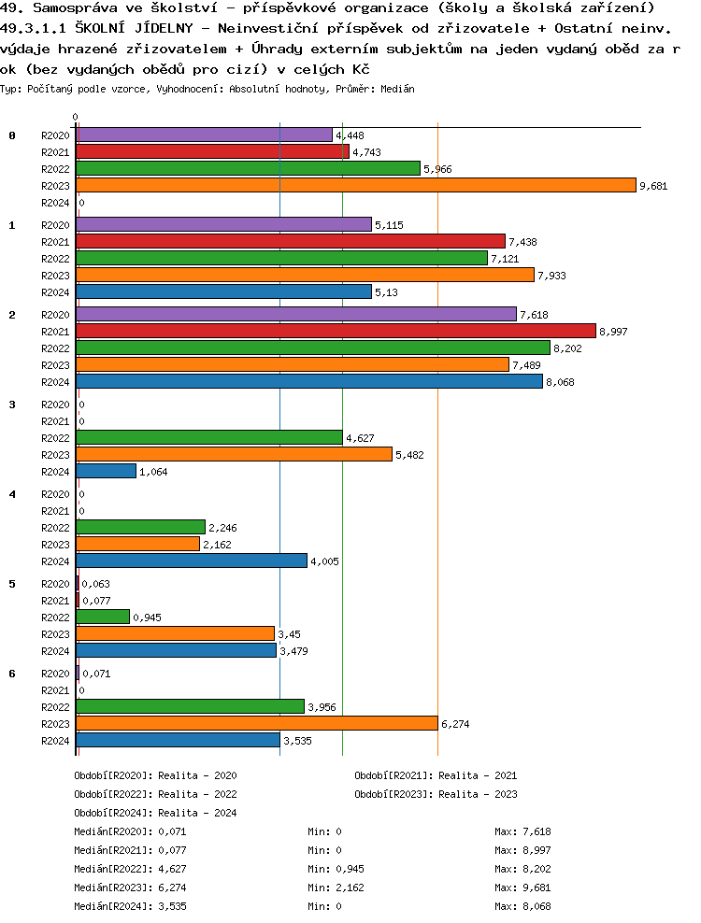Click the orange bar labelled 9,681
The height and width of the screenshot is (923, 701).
pyautogui.click(x=355, y=185)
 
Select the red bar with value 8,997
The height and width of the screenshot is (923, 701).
pyautogui.click(x=336, y=331)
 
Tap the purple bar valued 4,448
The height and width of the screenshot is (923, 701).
pyautogui.click(x=204, y=135)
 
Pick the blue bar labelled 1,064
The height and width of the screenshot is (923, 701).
pyautogui.click(x=106, y=471)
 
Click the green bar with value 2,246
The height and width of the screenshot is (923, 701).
pyautogui.click(x=140, y=527)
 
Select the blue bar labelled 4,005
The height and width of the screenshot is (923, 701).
pyautogui.click(x=192, y=561)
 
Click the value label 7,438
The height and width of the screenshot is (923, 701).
pyautogui.click(x=523, y=242)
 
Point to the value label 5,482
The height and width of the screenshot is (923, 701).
pyautogui.click(x=411, y=455)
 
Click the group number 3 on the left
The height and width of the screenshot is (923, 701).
pyautogui.click(x=12, y=405)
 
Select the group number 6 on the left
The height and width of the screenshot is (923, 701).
pyautogui.click(x=12, y=674)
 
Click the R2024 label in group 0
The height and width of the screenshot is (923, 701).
pyautogui.click(x=55, y=203)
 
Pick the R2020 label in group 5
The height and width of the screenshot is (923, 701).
pyautogui.click(x=55, y=584)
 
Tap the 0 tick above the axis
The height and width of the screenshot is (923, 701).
pyautogui.click(x=76, y=117)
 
